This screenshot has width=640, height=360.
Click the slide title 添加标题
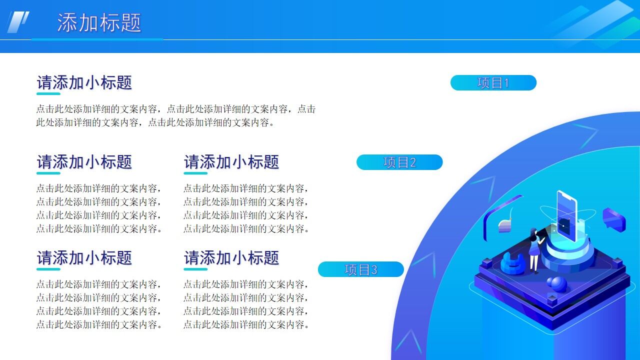(x=99, y=23)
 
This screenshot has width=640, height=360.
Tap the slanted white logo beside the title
(x=18, y=22)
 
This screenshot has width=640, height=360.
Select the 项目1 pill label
(x=493, y=83)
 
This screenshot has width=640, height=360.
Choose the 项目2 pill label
(x=399, y=162)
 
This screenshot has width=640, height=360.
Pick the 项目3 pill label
(x=360, y=269)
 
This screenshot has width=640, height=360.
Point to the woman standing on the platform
(x=534, y=250)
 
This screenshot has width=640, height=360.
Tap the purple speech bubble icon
(x=614, y=219)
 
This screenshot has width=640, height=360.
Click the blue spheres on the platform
(x=557, y=284)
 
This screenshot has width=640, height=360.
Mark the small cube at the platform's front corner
(x=551, y=300)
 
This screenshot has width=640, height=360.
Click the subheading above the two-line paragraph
(x=84, y=82)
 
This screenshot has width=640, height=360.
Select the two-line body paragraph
(x=175, y=115)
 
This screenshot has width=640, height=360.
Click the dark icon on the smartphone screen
(x=564, y=224)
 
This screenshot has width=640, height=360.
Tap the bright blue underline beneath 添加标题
(x=97, y=39)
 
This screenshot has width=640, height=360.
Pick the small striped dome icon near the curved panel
(x=505, y=226)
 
